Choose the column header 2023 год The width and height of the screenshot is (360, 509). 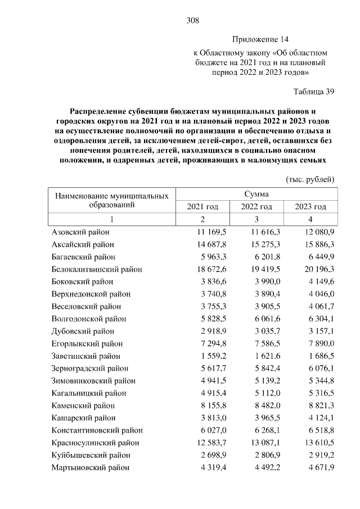[310, 207]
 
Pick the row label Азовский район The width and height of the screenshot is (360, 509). [80, 232]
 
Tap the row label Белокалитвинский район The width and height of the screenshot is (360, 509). [97, 269]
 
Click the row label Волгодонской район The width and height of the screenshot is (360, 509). [88, 319]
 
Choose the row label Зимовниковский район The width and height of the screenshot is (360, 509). [92, 381]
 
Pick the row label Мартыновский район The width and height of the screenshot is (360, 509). [90, 467]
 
